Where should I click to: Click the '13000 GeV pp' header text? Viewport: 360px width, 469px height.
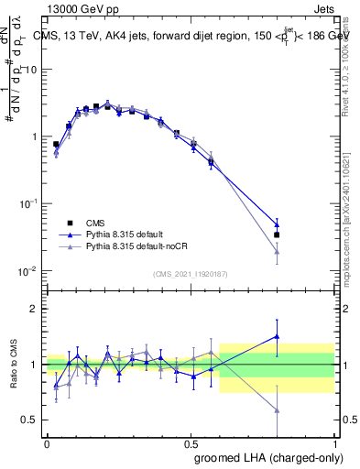click(x=82, y=8)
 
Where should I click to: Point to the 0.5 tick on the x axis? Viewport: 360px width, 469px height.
click(x=191, y=442)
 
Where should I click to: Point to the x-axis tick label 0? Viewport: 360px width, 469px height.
click(x=48, y=442)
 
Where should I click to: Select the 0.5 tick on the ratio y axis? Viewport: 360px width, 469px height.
click(x=31, y=420)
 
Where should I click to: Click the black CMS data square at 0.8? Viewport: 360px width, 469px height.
click(x=277, y=234)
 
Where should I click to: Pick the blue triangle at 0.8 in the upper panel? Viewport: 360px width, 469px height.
click(x=277, y=224)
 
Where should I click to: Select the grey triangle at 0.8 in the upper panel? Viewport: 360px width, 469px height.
click(x=277, y=252)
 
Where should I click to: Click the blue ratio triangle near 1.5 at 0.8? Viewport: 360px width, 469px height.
click(x=277, y=336)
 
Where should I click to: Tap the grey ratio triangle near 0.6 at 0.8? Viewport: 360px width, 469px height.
click(x=277, y=410)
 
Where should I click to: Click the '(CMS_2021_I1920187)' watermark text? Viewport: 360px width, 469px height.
click(x=191, y=274)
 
